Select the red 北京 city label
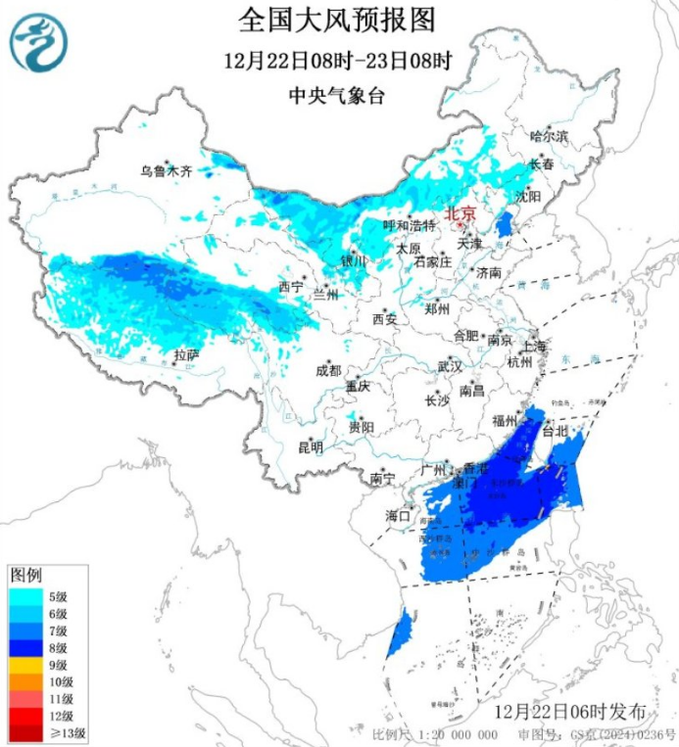pos(460,212)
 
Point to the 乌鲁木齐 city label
pos(166,170)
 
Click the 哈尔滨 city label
pos(549,135)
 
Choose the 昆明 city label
pos(311,446)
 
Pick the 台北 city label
pos(555,431)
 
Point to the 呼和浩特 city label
pos(408,225)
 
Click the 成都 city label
pos(329,370)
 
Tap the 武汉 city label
pos(449,366)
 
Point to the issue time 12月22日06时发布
pos(569,710)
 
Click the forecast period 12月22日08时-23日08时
pos(338,61)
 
